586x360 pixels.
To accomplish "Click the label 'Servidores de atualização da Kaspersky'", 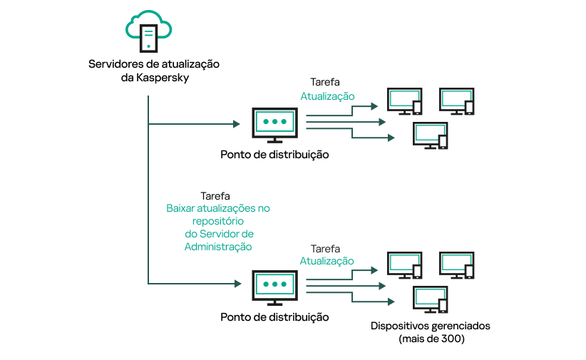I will point(154,71).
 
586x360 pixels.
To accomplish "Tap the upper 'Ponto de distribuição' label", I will point(274,155).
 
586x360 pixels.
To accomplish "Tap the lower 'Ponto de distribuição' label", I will point(274,317).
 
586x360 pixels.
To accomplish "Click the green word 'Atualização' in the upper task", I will point(327,96).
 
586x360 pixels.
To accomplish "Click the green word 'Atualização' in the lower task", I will point(327,261).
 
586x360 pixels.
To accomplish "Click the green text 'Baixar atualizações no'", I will point(218,208).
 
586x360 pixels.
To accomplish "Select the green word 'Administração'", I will point(218,247).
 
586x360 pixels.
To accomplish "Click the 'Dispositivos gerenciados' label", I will point(431,326).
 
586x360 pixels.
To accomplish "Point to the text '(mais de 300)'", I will point(431,339).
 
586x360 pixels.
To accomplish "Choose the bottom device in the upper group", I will point(431,135).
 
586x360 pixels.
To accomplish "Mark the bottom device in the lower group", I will point(431,299).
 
